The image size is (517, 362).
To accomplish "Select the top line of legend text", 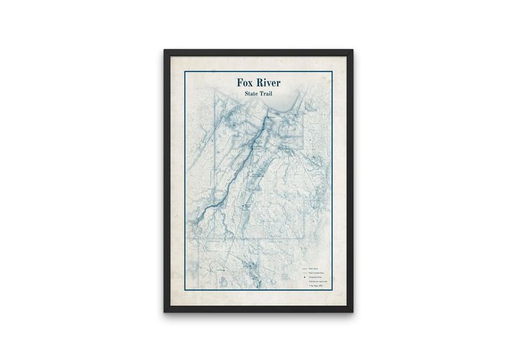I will click(x=312, y=269).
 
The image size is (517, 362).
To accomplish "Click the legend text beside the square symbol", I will click(x=315, y=277).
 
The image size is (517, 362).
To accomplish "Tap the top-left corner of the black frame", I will click(x=164, y=50).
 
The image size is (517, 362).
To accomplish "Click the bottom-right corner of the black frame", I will click(x=353, y=312).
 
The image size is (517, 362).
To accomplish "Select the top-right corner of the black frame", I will click(x=353, y=50).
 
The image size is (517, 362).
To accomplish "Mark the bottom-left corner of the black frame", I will click(x=164, y=312).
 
